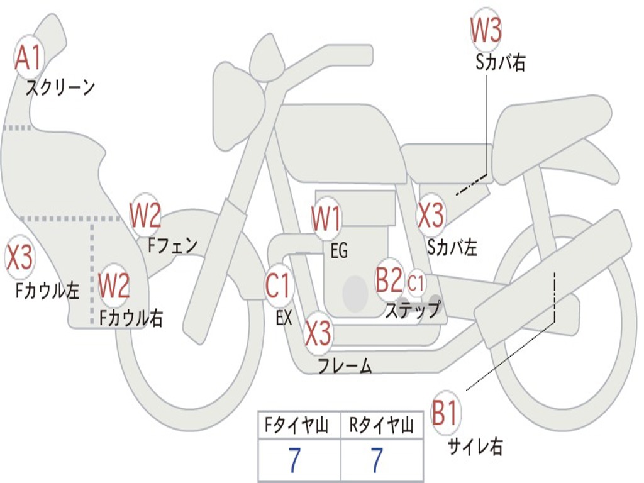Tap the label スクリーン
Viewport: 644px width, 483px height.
60,87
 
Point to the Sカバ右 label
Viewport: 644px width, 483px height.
501,63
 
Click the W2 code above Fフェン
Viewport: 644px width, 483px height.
145,216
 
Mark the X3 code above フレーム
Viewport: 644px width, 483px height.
318,333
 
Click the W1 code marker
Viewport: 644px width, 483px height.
326,221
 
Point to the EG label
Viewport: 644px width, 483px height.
339,251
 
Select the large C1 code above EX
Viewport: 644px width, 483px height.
278,286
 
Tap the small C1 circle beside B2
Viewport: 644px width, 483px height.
416,283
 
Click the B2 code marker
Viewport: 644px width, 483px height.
389,280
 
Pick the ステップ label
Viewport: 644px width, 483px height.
413,310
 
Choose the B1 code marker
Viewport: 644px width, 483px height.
446,414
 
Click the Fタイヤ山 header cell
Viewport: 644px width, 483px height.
299,426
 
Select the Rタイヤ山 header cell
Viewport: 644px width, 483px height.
382,426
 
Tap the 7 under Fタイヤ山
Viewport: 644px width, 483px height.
294,461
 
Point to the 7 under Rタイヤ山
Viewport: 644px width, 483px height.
376,461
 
